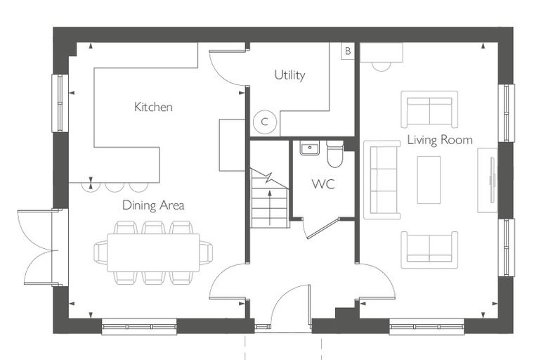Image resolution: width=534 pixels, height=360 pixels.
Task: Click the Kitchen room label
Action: pyautogui.click(x=153, y=107)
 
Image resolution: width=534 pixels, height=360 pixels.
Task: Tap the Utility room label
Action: pyautogui.click(x=289, y=75)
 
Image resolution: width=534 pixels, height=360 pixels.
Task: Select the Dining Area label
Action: pyautogui.click(x=153, y=205)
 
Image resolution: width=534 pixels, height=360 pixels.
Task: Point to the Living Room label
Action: pyautogui.click(x=440, y=140)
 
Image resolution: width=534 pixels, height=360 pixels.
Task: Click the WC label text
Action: pyautogui.click(x=323, y=184)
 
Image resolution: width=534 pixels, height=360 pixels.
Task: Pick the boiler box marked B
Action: pyautogui.click(x=348, y=51)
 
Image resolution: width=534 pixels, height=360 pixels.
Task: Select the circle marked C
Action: pyautogui.click(x=265, y=122)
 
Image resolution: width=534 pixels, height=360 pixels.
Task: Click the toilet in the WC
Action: pyautogui.click(x=334, y=154)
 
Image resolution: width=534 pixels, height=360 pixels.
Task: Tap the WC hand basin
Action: pyautogui.click(x=310, y=148)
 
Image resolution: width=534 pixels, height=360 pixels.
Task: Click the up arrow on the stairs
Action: pyautogui.click(x=270, y=208)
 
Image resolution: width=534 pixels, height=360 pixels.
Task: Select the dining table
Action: pyautogui.click(x=153, y=252)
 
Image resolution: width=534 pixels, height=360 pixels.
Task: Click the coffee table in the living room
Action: pyautogui.click(x=429, y=180)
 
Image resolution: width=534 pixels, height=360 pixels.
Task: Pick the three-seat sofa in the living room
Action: pyautogui.click(x=382, y=180)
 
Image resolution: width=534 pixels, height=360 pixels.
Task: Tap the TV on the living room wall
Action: pyautogui.click(x=490, y=180)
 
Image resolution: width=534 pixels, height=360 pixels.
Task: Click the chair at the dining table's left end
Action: pyautogui.click(x=100, y=252)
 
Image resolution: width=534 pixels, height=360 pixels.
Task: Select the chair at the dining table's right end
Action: pyautogui.click(x=206, y=252)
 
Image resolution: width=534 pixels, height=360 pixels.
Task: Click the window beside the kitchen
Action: pyautogui.click(x=60, y=103)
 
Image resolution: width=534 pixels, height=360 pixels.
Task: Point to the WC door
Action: pyautogui.click(x=321, y=229)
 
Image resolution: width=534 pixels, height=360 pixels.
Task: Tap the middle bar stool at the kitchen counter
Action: pyautogui.click(x=115, y=188)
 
